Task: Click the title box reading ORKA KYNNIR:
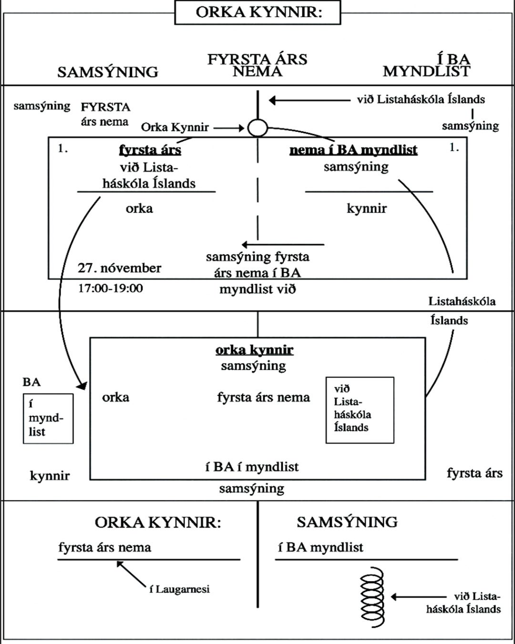pyautogui.click(x=258, y=12)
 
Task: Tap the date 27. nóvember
pyautogui.click(x=119, y=268)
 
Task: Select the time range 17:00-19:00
pyautogui.click(x=111, y=288)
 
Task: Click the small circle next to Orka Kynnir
pyautogui.click(x=257, y=128)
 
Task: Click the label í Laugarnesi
pyautogui.click(x=179, y=589)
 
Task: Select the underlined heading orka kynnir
pyautogui.click(x=254, y=350)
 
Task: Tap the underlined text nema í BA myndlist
pyautogui.click(x=353, y=150)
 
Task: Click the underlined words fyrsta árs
pyautogui.click(x=150, y=150)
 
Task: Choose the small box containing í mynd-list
pyautogui.click(x=48, y=418)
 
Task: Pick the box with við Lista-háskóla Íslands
pyautogui.click(x=360, y=410)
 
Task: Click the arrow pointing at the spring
pyautogui.click(x=420, y=596)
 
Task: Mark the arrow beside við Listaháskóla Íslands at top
pyautogui.click(x=310, y=100)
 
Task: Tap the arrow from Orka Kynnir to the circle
pyautogui.click(x=229, y=128)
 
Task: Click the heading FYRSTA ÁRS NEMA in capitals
pyautogui.click(x=257, y=65)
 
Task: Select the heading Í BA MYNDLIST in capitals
pyautogui.click(x=426, y=65)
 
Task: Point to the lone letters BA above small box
pyautogui.click(x=31, y=382)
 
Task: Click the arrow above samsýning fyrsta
pyautogui.click(x=283, y=245)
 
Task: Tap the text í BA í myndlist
pyautogui.click(x=252, y=467)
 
